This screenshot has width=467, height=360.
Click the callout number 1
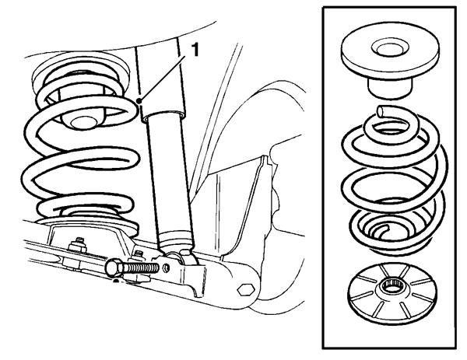[x=195, y=49]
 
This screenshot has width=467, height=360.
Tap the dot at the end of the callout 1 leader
[x=138, y=100]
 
